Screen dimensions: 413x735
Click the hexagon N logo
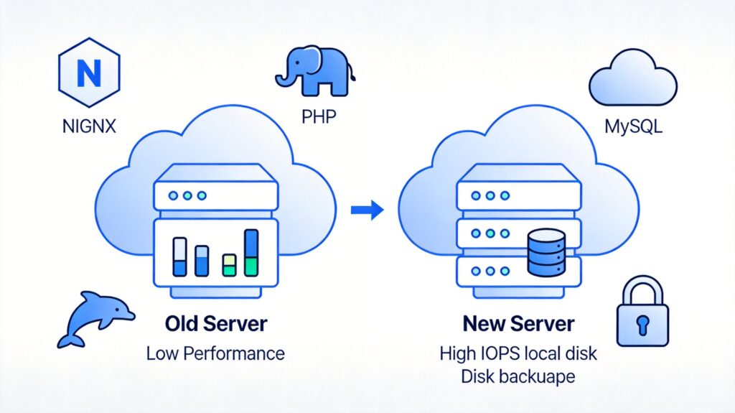click(88, 73)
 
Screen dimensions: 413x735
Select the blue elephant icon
click(314, 71)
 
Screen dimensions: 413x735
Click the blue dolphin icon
click(93, 317)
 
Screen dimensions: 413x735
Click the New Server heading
click(518, 324)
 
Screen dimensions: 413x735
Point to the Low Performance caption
click(215, 354)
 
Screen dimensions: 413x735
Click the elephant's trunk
click(281, 78)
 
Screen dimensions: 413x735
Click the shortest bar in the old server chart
click(229, 265)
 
